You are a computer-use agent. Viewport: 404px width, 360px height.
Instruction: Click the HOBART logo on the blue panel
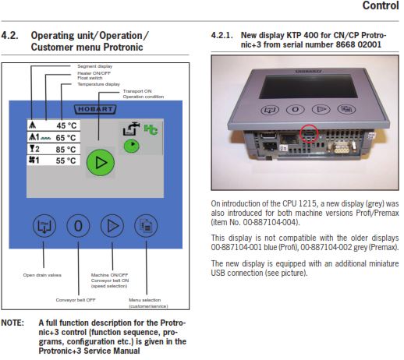[95, 109]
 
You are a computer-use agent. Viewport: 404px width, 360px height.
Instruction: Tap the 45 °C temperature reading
[66, 125]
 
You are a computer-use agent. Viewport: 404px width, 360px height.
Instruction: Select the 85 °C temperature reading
[66, 150]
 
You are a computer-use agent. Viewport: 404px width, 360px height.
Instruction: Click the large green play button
[101, 163]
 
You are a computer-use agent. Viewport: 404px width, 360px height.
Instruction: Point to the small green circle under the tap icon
[132, 146]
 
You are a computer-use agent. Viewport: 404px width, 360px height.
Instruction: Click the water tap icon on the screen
[131, 129]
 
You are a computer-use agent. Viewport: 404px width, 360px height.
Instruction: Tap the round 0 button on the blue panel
[78, 226]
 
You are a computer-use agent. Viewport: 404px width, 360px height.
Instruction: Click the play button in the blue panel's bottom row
[112, 226]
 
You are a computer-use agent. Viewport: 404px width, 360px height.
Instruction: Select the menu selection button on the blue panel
[146, 226]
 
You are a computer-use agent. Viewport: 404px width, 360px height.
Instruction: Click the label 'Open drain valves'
[42, 275]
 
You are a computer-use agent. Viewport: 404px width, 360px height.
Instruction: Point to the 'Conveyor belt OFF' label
[76, 300]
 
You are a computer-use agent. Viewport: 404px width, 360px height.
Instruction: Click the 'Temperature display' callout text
[98, 84]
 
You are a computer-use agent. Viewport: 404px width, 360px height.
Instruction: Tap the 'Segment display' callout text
[95, 66]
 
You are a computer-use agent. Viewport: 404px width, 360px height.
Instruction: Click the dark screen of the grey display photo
[308, 86]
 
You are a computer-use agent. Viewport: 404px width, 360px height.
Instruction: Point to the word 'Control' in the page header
[381, 5]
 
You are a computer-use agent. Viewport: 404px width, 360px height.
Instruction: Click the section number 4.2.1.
[221, 35]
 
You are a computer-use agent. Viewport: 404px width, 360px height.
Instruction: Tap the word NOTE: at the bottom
[12, 323]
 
